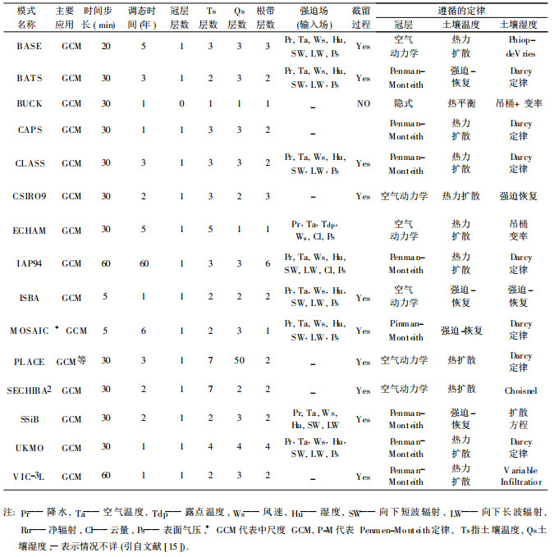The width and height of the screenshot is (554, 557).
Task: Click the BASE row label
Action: [x=30, y=46]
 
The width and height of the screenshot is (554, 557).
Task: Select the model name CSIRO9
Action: [x=30, y=196]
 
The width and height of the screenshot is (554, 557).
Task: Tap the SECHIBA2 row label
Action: [x=30, y=390]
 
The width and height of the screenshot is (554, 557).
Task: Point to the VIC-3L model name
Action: [x=30, y=475]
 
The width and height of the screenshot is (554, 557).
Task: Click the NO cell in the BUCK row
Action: [x=364, y=104]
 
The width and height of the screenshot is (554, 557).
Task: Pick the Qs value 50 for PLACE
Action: [x=239, y=361]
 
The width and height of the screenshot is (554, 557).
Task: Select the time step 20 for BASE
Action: [x=106, y=46]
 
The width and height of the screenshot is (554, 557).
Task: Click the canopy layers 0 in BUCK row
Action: [x=181, y=104]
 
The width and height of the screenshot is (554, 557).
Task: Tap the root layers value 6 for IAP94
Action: [x=268, y=263]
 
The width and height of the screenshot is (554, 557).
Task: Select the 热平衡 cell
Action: [x=461, y=104]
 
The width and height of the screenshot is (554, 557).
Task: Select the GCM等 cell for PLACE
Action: [x=71, y=361]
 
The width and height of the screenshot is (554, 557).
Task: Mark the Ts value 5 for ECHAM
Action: [x=211, y=230]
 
